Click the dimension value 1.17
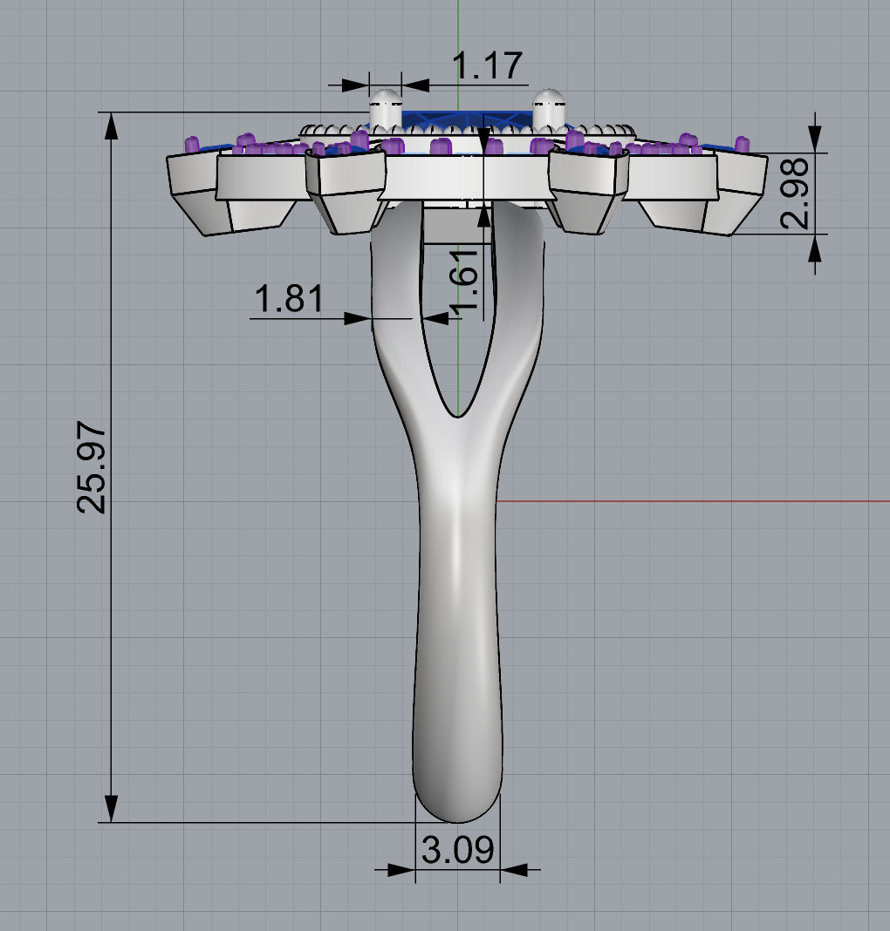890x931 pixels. pos(487,65)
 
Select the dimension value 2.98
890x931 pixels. pos(797,194)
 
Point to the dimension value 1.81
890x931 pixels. pos(288,299)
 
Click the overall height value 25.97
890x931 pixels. pos(92,467)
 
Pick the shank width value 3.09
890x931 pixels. pos(457,849)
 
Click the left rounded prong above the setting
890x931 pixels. pos(385,109)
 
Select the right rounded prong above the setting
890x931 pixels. pos(548,109)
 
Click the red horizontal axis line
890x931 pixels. pos(698,501)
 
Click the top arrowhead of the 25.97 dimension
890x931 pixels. pos(112,126)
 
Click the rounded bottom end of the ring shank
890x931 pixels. pos(457,806)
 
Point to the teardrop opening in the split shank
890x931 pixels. pos(458,349)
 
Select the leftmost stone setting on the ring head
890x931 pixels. pos(194,187)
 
